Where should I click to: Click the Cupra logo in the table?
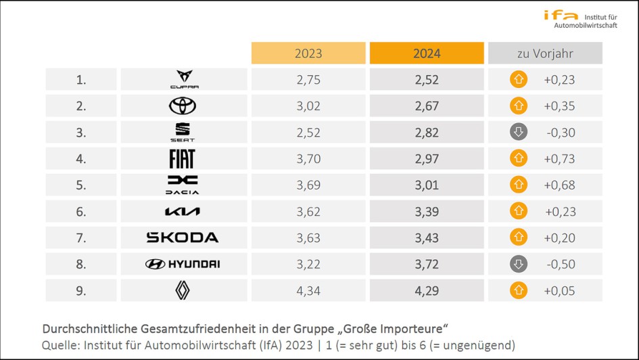[183, 79]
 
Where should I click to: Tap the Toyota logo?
[183, 106]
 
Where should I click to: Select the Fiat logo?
[182, 158]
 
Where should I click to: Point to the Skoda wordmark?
[183, 238]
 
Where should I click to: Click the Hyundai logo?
[183, 264]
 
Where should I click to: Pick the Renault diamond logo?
[183, 290]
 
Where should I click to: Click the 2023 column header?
[308, 53]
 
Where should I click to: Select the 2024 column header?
[427, 53]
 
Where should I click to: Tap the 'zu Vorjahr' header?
[545, 53]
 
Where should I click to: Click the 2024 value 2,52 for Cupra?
[427, 80]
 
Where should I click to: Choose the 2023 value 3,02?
[308, 106]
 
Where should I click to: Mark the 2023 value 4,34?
[308, 290]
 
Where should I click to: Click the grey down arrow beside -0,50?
[519, 264]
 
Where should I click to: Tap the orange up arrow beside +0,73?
[519, 158]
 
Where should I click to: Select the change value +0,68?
[559, 185]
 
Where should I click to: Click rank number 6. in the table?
[81, 212]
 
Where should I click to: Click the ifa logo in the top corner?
[561, 15]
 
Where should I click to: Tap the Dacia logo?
[183, 185]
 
